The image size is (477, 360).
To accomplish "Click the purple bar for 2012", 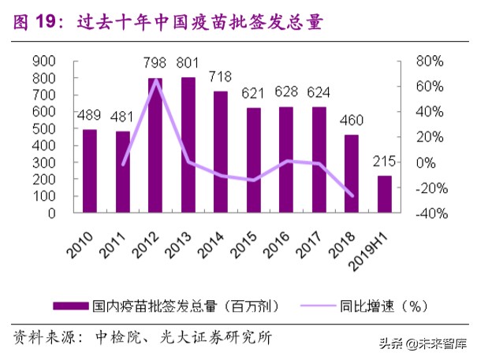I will [155, 146].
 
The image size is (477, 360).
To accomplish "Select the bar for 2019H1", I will [383, 194].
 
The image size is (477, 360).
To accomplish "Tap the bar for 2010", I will [90, 171].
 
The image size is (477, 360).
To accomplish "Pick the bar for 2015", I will [253, 160].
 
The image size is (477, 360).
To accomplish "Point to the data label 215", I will [383, 162].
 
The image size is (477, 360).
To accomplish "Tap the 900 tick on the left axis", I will [44, 61].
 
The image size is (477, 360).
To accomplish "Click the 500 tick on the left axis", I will [44, 128].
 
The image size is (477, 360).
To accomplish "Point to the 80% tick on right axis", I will [430, 61].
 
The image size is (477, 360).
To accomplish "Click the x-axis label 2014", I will [214, 238].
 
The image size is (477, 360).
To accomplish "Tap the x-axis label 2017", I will [311, 238].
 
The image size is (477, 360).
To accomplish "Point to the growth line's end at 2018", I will [351, 195].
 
